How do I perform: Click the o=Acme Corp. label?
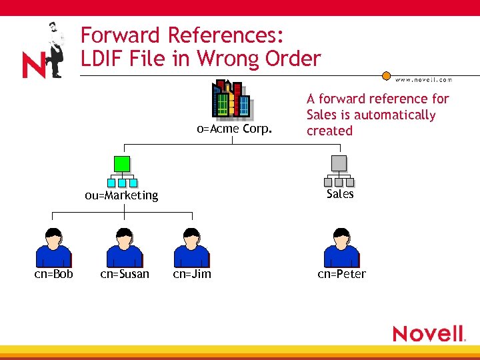click(234, 129)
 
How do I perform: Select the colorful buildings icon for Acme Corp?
click(231, 100)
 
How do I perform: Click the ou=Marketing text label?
click(121, 195)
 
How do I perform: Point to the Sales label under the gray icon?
click(340, 194)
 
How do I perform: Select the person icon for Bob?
click(53, 247)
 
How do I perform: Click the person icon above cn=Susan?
click(125, 247)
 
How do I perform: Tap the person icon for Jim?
click(191, 247)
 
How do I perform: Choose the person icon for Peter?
click(341, 247)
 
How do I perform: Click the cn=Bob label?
click(54, 274)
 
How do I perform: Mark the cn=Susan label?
click(125, 274)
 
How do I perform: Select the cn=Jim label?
click(192, 274)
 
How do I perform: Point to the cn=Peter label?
click(341, 274)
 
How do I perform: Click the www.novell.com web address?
click(423, 80)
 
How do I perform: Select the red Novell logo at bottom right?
click(428, 333)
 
